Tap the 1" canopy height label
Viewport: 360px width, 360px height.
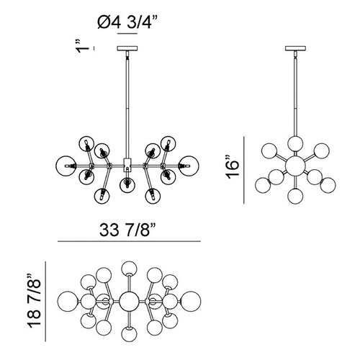[x=83, y=47]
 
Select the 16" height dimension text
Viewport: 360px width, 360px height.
[x=233, y=168]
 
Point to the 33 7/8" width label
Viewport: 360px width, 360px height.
[x=127, y=230]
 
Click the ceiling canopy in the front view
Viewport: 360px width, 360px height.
[x=127, y=48]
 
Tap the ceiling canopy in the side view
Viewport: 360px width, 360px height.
[x=296, y=48]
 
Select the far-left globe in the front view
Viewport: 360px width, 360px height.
[x=65, y=166]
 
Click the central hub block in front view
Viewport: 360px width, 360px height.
[x=127, y=163]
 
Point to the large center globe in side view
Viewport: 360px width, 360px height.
[x=295, y=166]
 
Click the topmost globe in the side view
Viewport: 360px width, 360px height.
[x=295, y=143]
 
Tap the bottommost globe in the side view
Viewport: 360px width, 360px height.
[x=295, y=196]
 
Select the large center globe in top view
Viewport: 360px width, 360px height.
[x=129, y=301]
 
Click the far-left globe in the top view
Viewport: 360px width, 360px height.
[x=68, y=301]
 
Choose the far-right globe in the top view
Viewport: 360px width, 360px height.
[x=191, y=301]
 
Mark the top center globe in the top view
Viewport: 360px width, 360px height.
[x=129, y=269]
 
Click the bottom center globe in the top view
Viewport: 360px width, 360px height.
[x=129, y=333]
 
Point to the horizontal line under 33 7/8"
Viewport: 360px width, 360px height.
[x=129, y=241]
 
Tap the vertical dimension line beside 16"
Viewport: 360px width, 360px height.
[x=244, y=170]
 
